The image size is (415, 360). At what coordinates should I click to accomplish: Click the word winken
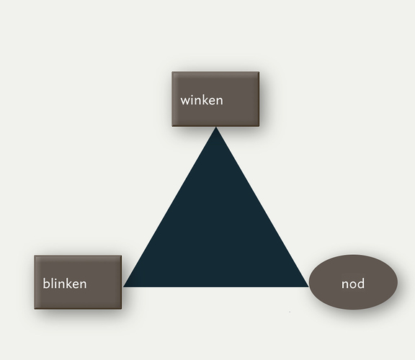(x=202, y=101)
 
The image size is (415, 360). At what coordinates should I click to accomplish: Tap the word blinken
(x=65, y=283)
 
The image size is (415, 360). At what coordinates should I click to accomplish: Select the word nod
(x=353, y=284)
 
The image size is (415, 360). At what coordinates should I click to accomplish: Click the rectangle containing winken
(x=215, y=99)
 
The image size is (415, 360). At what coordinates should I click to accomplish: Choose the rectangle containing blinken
(x=78, y=282)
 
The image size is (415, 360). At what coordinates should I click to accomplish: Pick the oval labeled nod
(x=353, y=282)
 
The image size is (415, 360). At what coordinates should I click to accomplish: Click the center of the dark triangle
(x=216, y=234)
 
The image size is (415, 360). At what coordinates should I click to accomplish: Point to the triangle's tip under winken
(x=216, y=127)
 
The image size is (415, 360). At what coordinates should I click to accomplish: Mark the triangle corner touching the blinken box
(x=124, y=287)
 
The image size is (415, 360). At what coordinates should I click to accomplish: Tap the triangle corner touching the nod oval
(x=309, y=287)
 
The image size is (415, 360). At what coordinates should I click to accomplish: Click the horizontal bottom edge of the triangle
(x=216, y=287)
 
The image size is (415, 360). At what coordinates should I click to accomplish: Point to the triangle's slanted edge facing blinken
(x=169, y=207)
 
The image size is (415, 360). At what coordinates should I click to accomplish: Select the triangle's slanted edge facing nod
(x=262, y=207)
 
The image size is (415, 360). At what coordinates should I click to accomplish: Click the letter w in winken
(x=185, y=102)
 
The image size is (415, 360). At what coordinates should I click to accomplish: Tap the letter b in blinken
(x=46, y=283)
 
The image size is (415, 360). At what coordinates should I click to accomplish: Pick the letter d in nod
(x=361, y=283)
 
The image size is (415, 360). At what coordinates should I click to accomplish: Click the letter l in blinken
(x=53, y=283)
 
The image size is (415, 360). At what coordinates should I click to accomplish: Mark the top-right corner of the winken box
(x=259, y=71)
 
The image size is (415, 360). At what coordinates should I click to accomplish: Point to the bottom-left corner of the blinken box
(x=34, y=309)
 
